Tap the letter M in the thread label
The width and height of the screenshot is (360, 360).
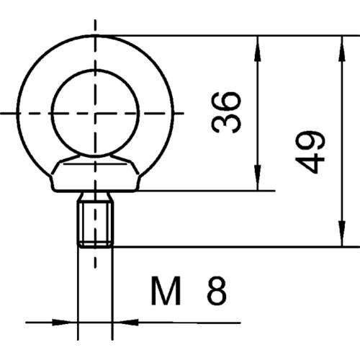pos(164,292)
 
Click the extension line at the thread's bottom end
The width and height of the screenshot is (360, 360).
pos(230,246)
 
